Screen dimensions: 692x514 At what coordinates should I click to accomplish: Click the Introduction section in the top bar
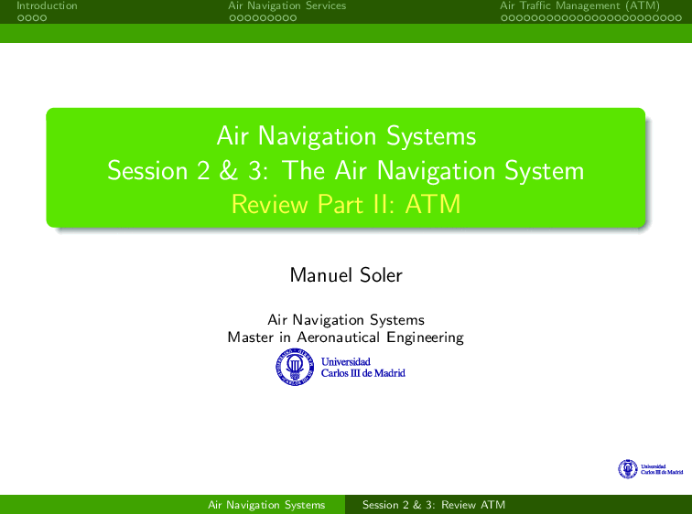pos(47,5)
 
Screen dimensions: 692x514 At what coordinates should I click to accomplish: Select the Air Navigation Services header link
pos(287,5)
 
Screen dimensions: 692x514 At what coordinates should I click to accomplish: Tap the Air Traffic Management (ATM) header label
pos(579,6)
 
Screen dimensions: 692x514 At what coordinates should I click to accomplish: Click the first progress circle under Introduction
pos(20,18)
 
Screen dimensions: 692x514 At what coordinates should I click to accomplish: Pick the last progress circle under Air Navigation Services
pos(293,18)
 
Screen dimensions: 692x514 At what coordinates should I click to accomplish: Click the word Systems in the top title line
pos(431,135)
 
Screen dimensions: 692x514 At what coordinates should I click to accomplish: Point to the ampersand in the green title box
pos(228,170)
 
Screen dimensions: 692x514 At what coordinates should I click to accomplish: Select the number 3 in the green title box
pos(254,171)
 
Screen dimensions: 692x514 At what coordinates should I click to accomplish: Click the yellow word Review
pos(270,204)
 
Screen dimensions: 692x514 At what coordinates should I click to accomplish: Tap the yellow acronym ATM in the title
pos(432,204)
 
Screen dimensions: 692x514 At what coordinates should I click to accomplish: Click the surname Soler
pos(381,275)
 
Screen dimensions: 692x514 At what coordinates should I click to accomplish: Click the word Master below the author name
pos(250,337)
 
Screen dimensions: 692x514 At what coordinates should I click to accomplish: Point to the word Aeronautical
pos(338,337)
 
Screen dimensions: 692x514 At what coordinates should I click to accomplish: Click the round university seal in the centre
pos(295,367)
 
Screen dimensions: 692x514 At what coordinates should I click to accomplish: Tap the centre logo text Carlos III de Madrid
pos(362,373)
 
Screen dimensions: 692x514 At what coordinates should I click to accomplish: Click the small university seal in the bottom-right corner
pos(628,468)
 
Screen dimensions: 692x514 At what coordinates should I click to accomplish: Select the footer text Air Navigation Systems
pos(266,505)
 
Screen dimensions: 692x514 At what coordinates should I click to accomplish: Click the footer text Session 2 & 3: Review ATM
pos(433,505)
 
